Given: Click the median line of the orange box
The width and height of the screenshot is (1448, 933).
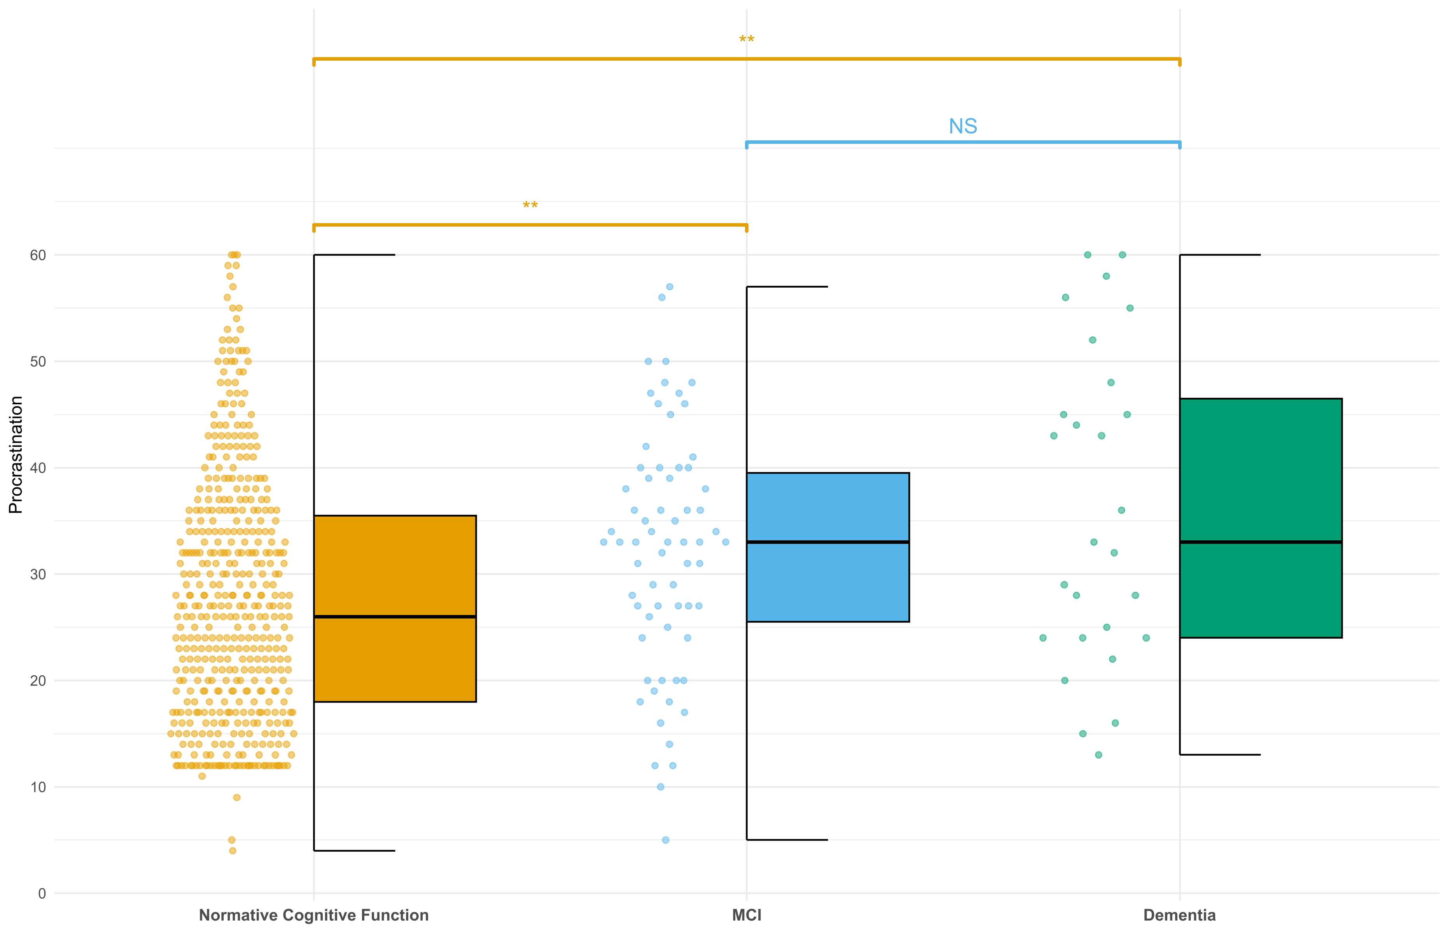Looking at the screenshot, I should click(x=394, y=617).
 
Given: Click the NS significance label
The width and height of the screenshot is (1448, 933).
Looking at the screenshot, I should click(x=963, y=127).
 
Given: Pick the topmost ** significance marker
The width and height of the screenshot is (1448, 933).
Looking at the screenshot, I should click(x=747, y=40).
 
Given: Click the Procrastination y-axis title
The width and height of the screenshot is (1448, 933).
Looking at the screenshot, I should click(x=16, y=454).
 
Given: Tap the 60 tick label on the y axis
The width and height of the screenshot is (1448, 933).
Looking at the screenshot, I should click(x=38, y=255).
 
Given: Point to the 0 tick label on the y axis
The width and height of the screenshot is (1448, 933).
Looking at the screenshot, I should click(x=42, y=894).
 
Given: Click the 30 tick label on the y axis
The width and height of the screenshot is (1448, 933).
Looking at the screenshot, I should click(x=38, y=574).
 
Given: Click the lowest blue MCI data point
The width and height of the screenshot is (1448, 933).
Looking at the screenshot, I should click(x=665, y=840).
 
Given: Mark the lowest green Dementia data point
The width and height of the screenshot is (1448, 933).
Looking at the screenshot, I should click(x=1098, y=755).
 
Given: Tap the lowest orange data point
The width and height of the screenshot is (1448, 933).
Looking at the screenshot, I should click(x=233, y=851).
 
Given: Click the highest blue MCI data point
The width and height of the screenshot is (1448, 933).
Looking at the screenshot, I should click(x=670, y=287).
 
